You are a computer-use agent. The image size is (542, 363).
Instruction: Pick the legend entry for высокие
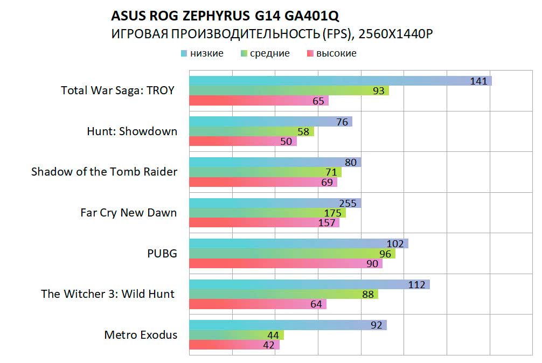point(336,53)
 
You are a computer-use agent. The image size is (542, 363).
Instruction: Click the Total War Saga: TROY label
point(117,90)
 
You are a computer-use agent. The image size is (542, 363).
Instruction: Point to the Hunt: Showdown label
point(132,131)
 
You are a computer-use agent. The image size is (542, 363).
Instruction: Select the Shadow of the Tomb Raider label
point(104,172)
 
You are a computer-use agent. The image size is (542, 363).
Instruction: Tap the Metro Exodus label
point(141,335)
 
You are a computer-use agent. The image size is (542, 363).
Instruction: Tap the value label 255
point(348,203)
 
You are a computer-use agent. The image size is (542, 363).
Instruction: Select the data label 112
point(416,284)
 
